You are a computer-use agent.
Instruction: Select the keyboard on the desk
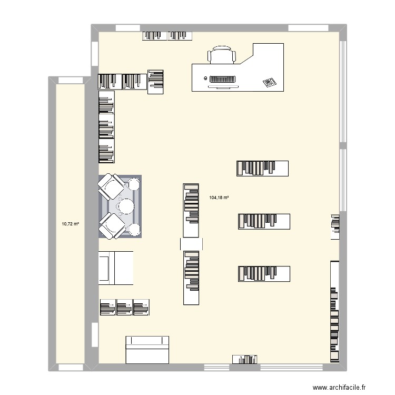click(223, 80)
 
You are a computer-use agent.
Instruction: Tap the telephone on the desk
click(269, 82)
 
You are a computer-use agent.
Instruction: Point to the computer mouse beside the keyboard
click(205, 78)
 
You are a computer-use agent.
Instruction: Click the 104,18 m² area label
click(219, 198)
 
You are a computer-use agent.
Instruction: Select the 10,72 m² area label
click(70, 224)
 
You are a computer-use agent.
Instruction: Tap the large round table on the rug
click(126, 205)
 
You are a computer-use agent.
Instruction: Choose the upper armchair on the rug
click(111, 186)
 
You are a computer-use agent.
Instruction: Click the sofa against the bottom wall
click(147, 350)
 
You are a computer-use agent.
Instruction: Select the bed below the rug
click(116, 268)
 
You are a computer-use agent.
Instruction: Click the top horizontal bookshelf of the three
click(262, 168)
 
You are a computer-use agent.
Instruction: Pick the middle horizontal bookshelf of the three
click(264, 221)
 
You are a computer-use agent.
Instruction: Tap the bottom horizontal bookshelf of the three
click(263, 273)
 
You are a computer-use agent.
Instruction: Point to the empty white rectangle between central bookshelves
click(192, 243)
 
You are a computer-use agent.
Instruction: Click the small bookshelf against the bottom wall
click(245, 360)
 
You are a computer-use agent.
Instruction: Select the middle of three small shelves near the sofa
click(124, 308)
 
